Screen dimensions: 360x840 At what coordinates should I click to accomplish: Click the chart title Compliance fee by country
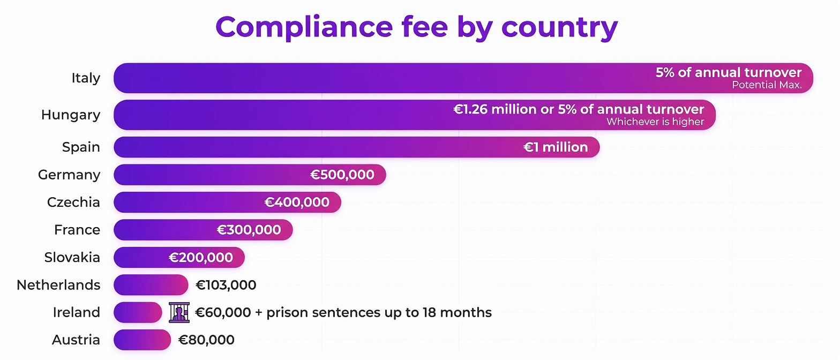click(x=416, y=26)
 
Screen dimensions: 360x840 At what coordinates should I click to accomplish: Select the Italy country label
click(x=86, y=78)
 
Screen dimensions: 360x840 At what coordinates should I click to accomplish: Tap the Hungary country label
click(x=71, y=115)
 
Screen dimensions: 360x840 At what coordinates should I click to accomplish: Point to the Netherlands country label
click(x=58, y=285)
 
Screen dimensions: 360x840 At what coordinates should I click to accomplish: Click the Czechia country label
click(x=73, y=202)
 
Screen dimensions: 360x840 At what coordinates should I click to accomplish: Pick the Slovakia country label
click(x=72, y=258)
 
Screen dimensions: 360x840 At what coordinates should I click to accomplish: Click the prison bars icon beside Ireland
click(x=179, y=312)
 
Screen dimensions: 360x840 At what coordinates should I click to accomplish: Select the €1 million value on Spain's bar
click(x=556, y=147)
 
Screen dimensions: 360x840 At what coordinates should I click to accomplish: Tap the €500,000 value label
click(x=342, y=175)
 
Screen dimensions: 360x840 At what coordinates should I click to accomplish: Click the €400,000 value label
click(x=297, y=202)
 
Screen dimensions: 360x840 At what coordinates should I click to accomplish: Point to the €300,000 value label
click(x=249, y=230)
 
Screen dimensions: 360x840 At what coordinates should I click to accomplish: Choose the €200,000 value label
click(x=201, y=258)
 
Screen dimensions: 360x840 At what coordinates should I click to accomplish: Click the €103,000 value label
click(x=226, y=285)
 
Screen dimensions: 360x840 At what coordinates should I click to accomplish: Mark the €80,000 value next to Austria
click(x=206, y=340)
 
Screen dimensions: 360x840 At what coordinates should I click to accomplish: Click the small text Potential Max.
click(x=767, y=85)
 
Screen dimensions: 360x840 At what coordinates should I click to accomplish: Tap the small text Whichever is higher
click(x=655, y=122)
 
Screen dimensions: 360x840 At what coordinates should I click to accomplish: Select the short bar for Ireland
click(x=138, y=312)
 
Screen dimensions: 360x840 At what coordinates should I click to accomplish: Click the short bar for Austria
click(x=142, y=340)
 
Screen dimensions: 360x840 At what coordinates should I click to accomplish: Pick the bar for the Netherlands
click(x=151, y=285)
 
